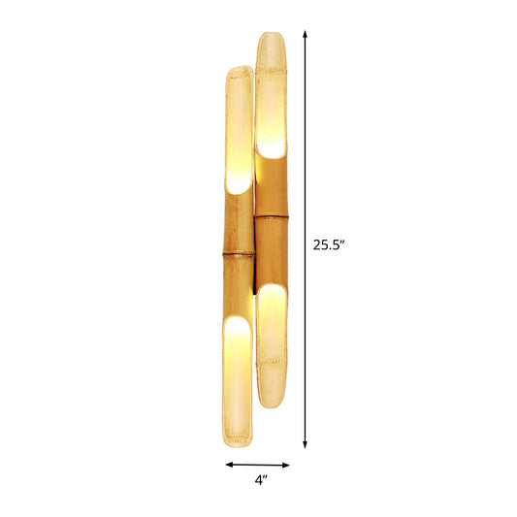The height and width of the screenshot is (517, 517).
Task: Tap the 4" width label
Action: (259, 478)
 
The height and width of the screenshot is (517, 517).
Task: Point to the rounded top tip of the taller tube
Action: (271, 36)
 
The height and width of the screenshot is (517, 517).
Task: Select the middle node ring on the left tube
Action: (238, 254)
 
